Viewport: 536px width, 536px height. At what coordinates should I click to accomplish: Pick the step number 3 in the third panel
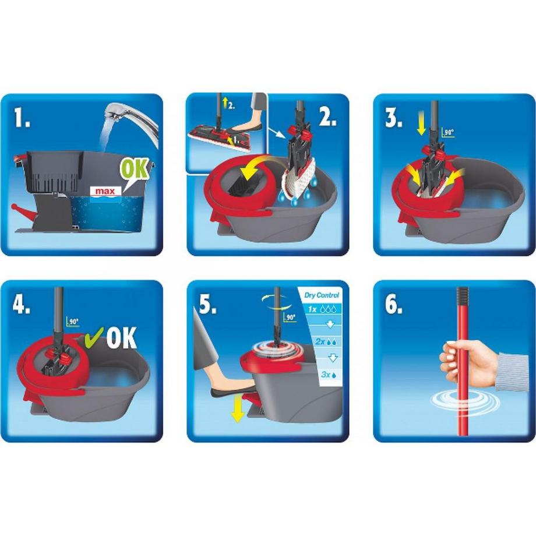pos(394,117)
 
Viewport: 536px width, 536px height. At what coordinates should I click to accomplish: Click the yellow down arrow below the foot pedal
pos(237,411)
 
